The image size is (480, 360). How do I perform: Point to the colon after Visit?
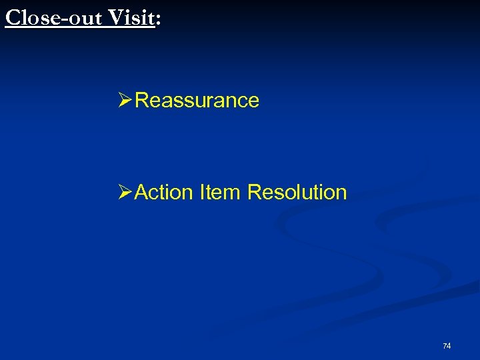pyautogui.click(x=158, y=20)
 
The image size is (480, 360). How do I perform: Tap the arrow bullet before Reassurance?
pyautogui.click(x=125, y=101)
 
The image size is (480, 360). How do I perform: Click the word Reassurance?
pyautogui.click(x=197, y=101)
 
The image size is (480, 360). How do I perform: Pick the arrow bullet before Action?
pyautogui.click(x=125, y=193)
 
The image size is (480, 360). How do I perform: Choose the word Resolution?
pyautogui.click(x=297, y=193)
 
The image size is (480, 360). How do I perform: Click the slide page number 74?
pyautogui.click(x=447, y=345)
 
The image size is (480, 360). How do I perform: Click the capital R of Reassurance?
pyautogui.click(x=141, y=101)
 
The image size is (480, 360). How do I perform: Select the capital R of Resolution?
pyautogui.click(x=254, y=193)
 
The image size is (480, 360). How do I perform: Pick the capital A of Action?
pyautogui.click(x=141, y=193)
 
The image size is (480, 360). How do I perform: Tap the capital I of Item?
pyautogui.click(x=201, y=193)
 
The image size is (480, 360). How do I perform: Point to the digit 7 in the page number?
pyautogui.click(x=445, y=345)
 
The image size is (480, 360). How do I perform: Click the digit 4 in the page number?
pyautogui.click(x=449, y=345)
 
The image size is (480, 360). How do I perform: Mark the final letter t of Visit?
pyautogui.click(x=150, y=17)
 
